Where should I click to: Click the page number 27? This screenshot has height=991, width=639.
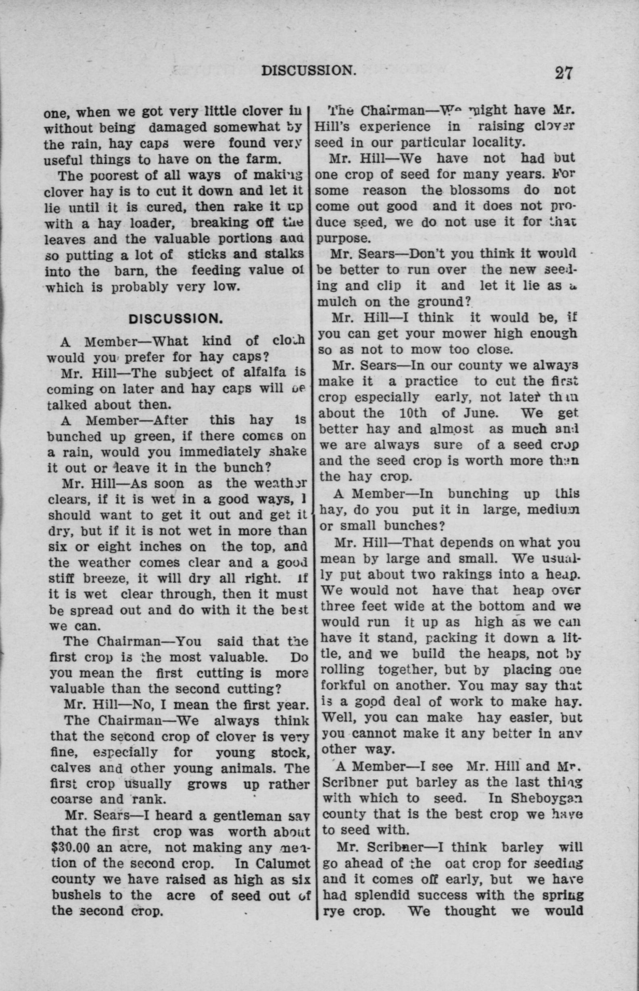click(563, 73)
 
